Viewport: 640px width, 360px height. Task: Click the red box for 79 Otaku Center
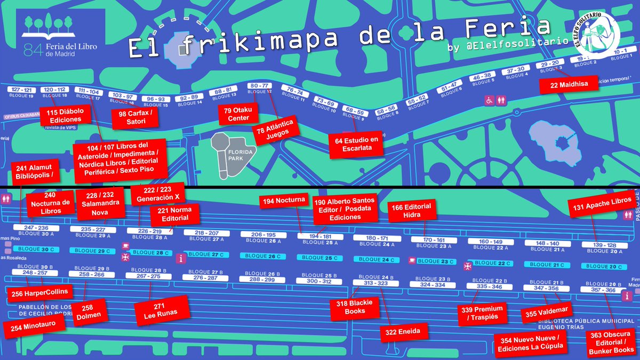tap(238, 114)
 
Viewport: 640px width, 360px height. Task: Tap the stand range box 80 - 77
tap(260, 86)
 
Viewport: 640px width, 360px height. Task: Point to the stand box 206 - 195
tap(263, 235)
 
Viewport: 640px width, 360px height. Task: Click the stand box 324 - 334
tap(432, 285)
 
